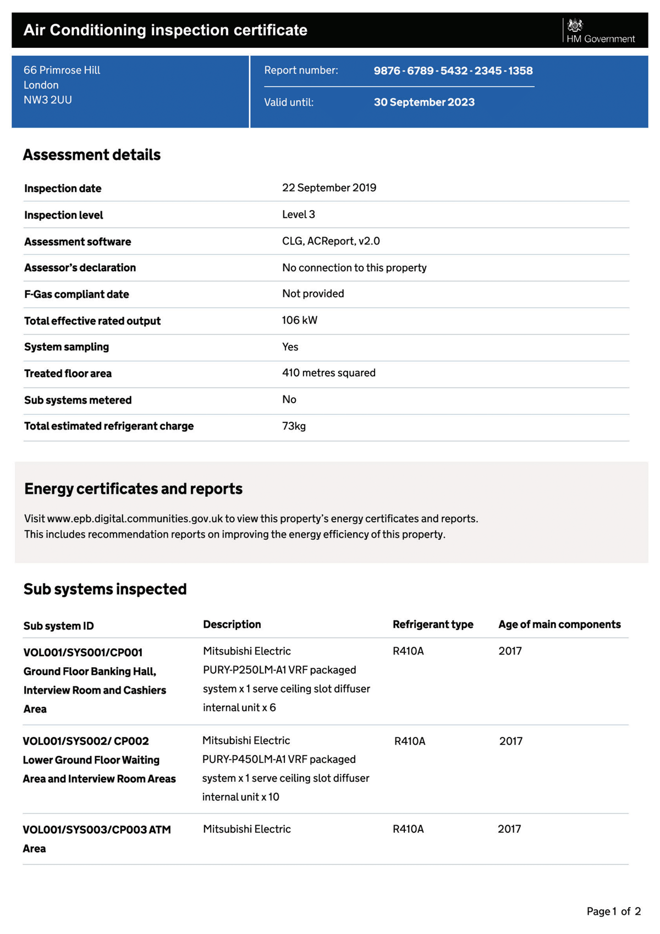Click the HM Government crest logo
coord(575,25)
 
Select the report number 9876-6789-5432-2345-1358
coord(453,71)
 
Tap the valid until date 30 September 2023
coord(424,102)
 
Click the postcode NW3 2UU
coord(48,100)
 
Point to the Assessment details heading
coord(92,155)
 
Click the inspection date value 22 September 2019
coord(329,188)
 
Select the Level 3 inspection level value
coord(298,215)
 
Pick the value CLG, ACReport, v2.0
coord(331,241)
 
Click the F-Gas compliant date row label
coord(76,294)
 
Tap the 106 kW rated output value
coord(299,320)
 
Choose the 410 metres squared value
coord(328,373)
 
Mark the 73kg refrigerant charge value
coord(294,426)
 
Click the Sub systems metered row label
coord(78,400)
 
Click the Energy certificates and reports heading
coord(133,489)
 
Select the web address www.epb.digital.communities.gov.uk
coord(135,519)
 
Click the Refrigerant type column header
coord(433,624)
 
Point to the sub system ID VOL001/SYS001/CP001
coord(83,653)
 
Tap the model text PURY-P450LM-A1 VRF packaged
coord(279,760)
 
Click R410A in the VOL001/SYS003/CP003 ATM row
coord(408,829)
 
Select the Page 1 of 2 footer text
coord(613,911)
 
